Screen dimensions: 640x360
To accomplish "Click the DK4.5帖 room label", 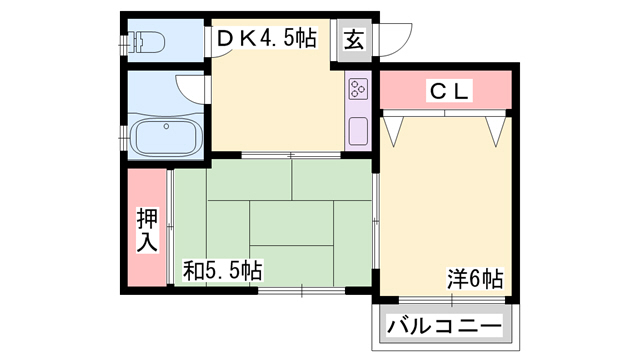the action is coord(266,39).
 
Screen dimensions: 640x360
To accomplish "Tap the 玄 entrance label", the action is coord(354,40).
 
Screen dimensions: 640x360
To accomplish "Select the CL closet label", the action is coord(448,91).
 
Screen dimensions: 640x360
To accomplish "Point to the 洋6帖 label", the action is coord(475,279).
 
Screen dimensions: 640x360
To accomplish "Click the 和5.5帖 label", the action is coord(222,270).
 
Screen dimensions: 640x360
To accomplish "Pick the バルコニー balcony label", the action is coord(444,327).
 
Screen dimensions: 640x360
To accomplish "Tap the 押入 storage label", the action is coord(147,230).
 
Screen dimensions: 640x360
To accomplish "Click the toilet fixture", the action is coord(146,42).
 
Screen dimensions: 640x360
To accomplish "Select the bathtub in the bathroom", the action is coord(166,136).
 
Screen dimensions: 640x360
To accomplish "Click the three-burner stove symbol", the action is coord(358,89).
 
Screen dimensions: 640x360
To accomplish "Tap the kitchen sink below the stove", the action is coord(358,130).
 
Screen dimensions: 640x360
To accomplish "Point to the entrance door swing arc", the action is coord(402,46).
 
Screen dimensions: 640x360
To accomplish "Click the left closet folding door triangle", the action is coord(393,131).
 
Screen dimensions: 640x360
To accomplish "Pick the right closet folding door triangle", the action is coord(496,131).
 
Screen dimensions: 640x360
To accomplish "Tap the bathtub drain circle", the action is coord(166,127).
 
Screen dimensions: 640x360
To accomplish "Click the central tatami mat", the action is coord(291,223).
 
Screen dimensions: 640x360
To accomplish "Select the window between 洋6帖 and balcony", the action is coord(452,300).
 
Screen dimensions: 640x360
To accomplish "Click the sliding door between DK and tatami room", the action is coord(291,155).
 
